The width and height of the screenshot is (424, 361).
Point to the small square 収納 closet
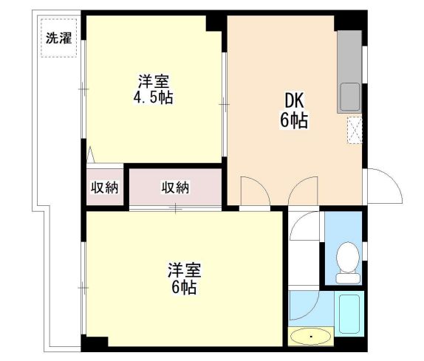(x=104, y=188)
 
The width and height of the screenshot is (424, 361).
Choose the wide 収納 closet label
(x=176, y=188)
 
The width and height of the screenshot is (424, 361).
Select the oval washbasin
(x=311, y=337)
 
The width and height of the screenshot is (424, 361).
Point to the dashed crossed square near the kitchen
(x=355, y=128)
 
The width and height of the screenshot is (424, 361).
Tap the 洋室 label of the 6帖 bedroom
(x=185, y=270)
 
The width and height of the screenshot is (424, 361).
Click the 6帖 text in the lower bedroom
(x=185, y=288)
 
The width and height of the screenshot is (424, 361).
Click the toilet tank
(x=346, y=278)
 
